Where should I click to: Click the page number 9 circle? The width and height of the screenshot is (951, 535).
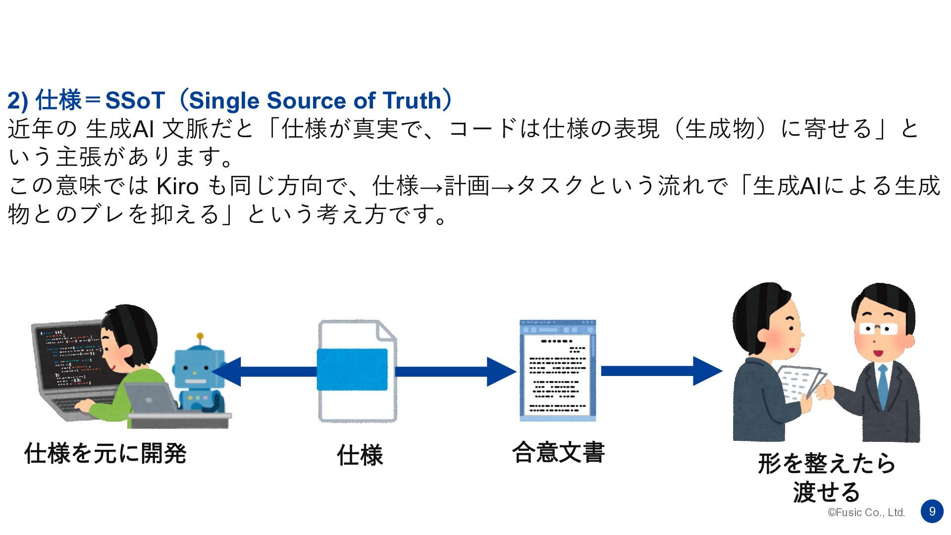click(932, 511)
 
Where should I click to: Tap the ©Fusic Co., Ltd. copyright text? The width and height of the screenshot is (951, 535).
click(866, 513)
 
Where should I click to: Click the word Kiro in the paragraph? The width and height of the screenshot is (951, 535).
click(177, 186)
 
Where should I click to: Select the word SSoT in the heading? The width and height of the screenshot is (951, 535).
click(135, 101)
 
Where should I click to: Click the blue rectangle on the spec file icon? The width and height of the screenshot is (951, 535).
click(352, 370)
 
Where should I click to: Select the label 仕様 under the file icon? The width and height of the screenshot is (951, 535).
click(360, 455)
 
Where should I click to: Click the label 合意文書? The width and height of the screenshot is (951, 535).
click(558, 452)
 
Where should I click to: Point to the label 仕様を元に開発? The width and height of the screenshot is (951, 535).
click(105, 453)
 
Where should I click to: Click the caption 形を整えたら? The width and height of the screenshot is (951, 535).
click(827, 464)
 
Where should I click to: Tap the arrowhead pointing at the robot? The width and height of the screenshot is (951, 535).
click(227, 372)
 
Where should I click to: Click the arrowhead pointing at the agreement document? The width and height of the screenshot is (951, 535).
click(501, 372)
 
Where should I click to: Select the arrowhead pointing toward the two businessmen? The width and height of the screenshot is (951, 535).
click(707, 371)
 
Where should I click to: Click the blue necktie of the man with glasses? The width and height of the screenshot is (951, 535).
click(883, 386)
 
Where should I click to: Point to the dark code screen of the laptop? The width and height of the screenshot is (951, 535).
click(69, 354)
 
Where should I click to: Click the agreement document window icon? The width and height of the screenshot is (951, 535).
click(558, 371)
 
